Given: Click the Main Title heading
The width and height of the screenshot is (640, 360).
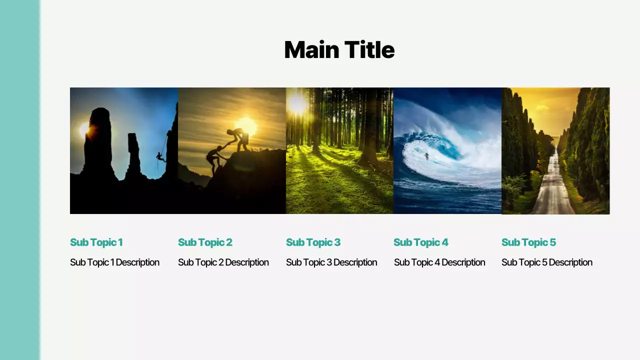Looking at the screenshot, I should point(339,50).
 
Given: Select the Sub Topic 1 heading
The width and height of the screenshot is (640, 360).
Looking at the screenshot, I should point(96,242).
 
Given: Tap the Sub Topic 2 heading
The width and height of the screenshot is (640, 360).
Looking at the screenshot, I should point(205,242).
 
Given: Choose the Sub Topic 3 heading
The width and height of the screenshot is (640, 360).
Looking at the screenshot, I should point(313,242).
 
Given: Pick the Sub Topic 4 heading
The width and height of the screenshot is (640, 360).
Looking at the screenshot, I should point(420,242).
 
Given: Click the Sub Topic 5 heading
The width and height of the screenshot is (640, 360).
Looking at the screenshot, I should point(528,242).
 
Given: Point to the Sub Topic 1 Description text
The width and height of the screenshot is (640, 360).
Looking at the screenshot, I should point(114,262).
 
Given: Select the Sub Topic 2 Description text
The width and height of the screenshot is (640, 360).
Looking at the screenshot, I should point(223,262).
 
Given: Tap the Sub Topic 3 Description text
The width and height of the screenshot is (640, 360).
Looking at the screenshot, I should point(331,262).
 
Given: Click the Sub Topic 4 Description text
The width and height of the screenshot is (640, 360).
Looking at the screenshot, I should point(439,262).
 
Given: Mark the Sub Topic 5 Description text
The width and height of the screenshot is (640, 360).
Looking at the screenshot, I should point(546,262).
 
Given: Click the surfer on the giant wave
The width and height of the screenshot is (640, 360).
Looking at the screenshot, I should point(426,156).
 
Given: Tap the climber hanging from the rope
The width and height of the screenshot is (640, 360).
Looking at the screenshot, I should point(160,157).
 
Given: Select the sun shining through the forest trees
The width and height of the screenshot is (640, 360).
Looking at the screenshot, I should point(297,103).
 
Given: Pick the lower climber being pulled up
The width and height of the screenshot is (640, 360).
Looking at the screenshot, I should point(215,158).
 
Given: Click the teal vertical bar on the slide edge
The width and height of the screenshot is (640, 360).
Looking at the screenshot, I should point(19,180).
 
